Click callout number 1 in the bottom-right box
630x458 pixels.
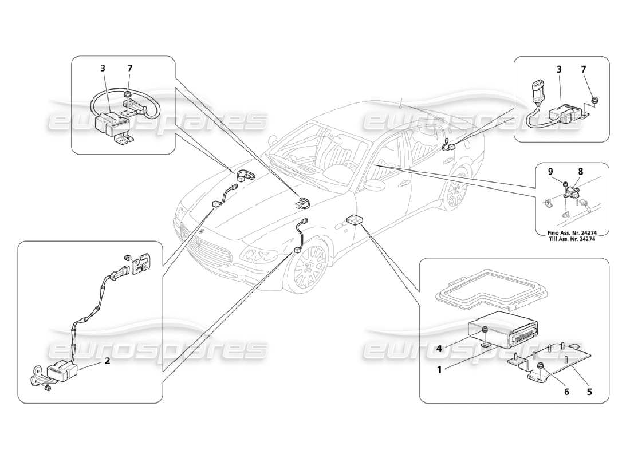point(440,370)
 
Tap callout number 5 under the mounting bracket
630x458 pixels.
point(589,392)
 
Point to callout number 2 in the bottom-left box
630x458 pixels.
point(107,361)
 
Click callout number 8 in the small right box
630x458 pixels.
point(580,171)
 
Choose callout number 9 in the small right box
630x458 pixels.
point(550,171)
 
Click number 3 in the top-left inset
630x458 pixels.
point(103,68)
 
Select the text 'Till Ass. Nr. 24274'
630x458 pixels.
point(572,239)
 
